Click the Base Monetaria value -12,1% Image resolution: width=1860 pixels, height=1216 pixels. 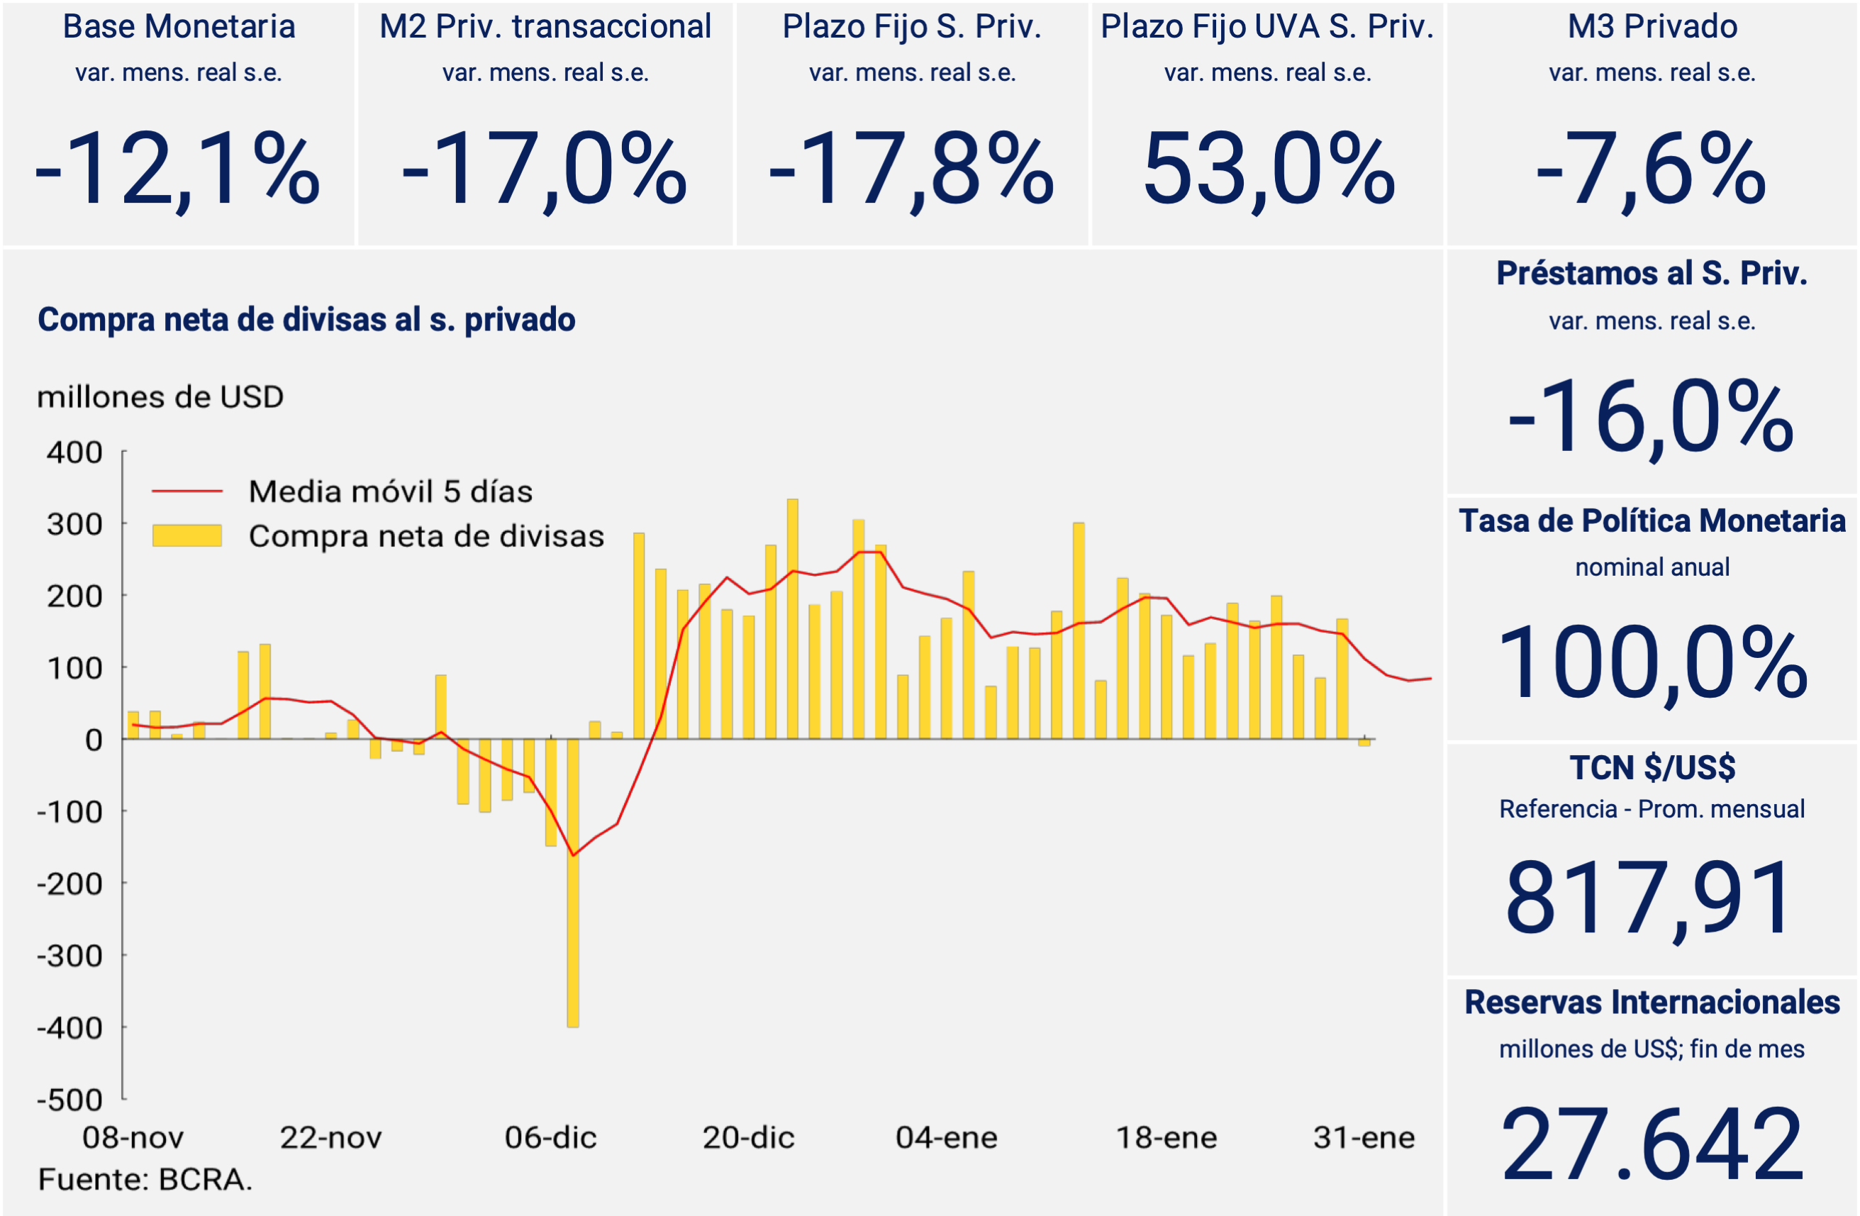click(177, 169)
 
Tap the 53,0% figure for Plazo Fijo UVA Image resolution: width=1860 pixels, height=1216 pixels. click(1268, 169)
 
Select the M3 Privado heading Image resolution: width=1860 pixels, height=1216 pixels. click(1652, 26)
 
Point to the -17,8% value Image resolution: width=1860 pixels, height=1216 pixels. click(911, 169)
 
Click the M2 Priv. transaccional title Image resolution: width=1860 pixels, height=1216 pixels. click(545, 26)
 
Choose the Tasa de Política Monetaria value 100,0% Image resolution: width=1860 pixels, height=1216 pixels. click(1652, 663)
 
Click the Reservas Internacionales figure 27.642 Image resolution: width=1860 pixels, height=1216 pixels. click(1652, 1144)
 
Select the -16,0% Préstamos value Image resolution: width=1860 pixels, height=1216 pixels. click(1651, 415)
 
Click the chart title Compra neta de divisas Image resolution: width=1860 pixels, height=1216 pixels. click(306, 320)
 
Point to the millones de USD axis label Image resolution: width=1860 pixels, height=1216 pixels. click(160, 397)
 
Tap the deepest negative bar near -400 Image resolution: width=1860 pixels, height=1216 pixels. click(573, 883)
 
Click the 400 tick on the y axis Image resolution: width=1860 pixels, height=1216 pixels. click(74, 452)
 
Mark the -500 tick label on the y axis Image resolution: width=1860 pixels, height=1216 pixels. click(69, 1100)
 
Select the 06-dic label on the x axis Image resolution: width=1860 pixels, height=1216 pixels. click(550, 1138)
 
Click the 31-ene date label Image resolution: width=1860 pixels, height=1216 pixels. click(1364, 1138)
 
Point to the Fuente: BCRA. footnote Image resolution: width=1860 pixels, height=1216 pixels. click(145, 1179)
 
